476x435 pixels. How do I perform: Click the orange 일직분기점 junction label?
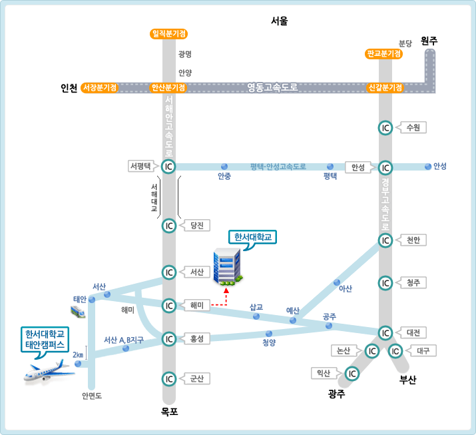[x=168, y=33]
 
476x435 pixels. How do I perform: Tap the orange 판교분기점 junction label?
[x=384, y=53]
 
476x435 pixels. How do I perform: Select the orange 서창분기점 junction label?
[x=99, y=87]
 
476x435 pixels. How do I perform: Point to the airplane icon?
[x=49, y=371]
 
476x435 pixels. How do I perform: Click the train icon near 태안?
[x=79, y=312]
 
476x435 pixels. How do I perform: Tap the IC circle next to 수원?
[x=385, y=128]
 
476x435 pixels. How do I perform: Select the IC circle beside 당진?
[x=169, y=226]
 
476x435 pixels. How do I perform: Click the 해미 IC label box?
[x=196, y=305]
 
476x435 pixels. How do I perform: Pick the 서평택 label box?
[x=141, y=167]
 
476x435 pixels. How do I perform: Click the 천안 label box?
[x=413, y=240]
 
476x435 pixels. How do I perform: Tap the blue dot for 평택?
[x=330, y=167]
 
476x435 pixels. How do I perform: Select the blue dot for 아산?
[x=337, y=282]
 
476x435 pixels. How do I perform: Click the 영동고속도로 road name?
[x=272, y=87]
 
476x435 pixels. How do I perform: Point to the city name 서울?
[x=280, y=21]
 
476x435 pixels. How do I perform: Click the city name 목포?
[x=169, y=412]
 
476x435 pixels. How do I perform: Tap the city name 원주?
[x=429, y=41]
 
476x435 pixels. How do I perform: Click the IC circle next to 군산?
[x=169, y=378]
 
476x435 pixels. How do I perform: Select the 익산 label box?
[x=326, y=374]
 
